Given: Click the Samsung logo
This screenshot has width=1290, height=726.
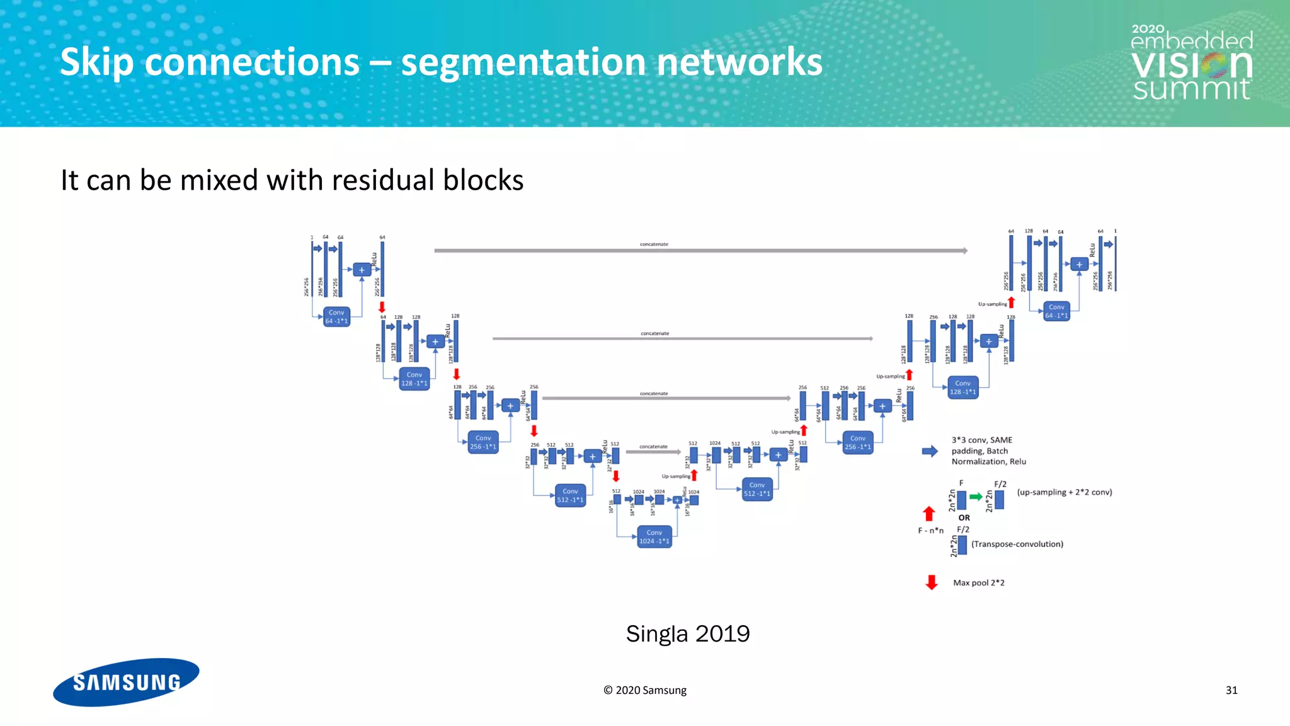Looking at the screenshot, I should click(x=126, y=682).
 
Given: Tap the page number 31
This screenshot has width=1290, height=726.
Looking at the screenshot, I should click(x=1231, y=690).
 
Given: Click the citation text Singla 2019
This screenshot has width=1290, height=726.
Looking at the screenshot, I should click(x=687, y=633).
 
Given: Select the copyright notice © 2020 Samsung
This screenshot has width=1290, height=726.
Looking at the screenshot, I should click(x=644, y=690).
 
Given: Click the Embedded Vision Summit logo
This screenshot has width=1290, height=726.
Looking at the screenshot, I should click(x=1191, y=63).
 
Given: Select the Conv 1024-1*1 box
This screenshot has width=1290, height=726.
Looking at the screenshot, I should click(x=654, y=537).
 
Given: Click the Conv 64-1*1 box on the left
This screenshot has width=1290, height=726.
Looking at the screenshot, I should click(x=336, y=317).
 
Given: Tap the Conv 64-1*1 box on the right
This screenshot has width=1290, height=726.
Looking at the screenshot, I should click(x=1056, y=311).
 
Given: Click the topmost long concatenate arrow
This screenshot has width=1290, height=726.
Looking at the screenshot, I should click(x=700, y=251).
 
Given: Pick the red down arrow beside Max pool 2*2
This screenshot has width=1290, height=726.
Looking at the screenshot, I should click(x=932, y=582).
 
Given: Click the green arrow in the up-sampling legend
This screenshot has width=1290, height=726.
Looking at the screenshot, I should click(x=976, y=497).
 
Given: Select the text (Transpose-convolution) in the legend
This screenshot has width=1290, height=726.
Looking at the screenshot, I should click(x=1017, y=544).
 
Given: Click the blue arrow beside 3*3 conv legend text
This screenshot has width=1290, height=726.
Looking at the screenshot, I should click(x=930, y=451).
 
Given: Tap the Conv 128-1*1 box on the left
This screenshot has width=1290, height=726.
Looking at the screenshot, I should click(x=414, y=379).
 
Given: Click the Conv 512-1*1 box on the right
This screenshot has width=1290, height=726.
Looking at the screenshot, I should click(x=757, y=490).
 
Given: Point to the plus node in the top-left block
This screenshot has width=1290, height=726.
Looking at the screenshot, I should click(x=362, y=270).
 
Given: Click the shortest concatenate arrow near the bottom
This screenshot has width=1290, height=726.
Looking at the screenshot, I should click(x=653, y=452).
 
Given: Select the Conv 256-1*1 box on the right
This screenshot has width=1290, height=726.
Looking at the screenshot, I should click(x=857, y=442).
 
